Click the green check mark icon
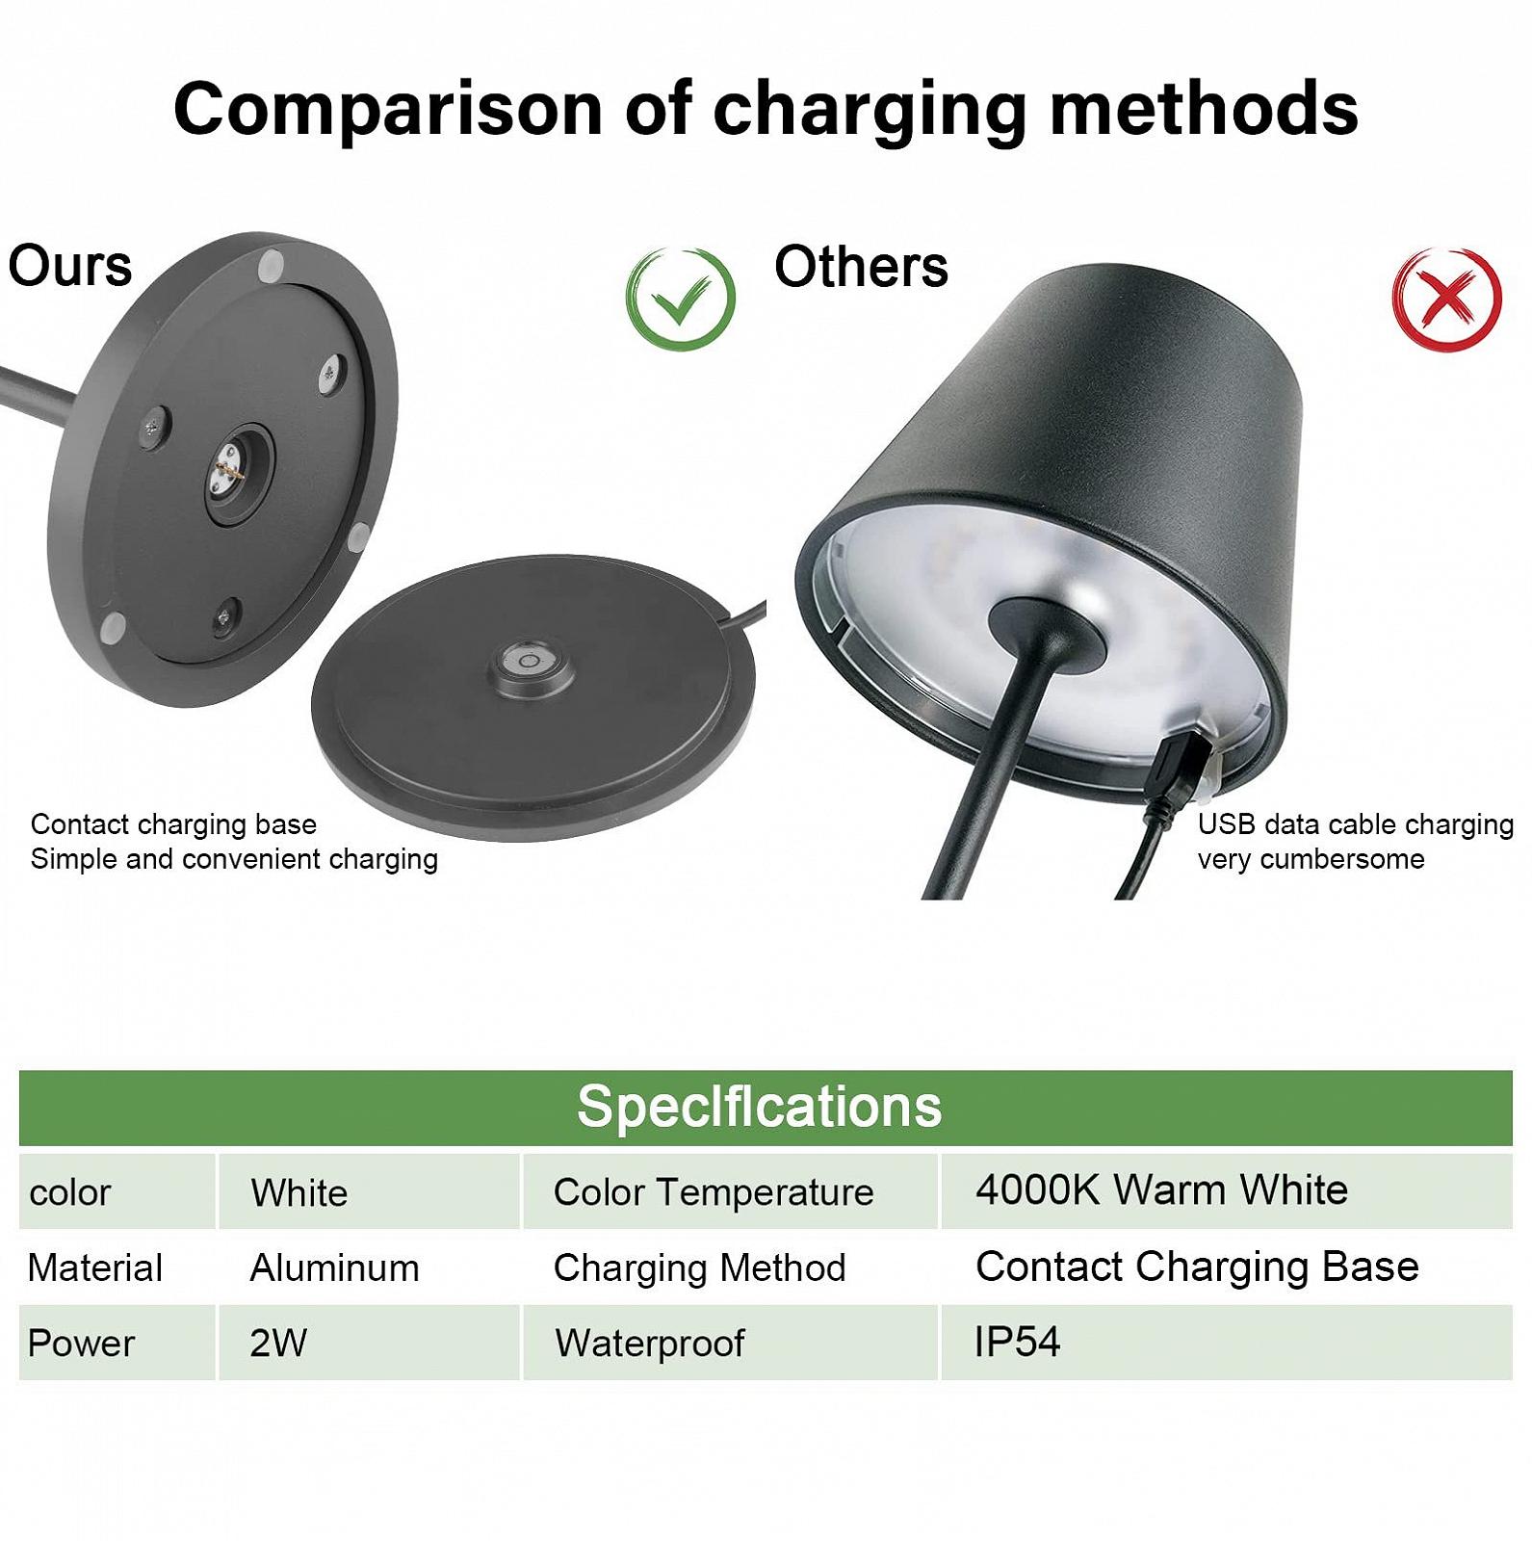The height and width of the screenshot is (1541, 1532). (681, 299)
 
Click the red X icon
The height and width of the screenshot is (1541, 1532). (1447, 299)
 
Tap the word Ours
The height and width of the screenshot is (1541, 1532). (70, 266)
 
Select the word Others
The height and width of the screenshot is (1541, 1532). (861, 266)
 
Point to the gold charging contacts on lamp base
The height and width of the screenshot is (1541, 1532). (227, 471)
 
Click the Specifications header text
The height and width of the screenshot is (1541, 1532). (759, 1106)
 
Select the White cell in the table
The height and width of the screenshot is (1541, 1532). (299, 1192)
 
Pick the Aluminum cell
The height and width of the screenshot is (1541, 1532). (334, 1267)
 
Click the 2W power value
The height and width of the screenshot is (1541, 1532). (277, 1343)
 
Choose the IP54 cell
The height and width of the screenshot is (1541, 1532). (1017, 1342)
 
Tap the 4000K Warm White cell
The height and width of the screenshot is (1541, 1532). (1161, 1190)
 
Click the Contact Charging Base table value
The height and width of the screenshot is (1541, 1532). (1197, 1267)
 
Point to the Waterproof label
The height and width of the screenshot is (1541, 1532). (650, 1343)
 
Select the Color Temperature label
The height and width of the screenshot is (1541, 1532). (714, 1192)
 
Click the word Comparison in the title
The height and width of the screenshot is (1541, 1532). (388, 109)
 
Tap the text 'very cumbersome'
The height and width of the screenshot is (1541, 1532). (1311, 858)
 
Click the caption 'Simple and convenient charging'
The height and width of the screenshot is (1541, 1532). (234, 858)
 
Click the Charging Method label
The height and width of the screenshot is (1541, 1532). (699, 1267)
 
